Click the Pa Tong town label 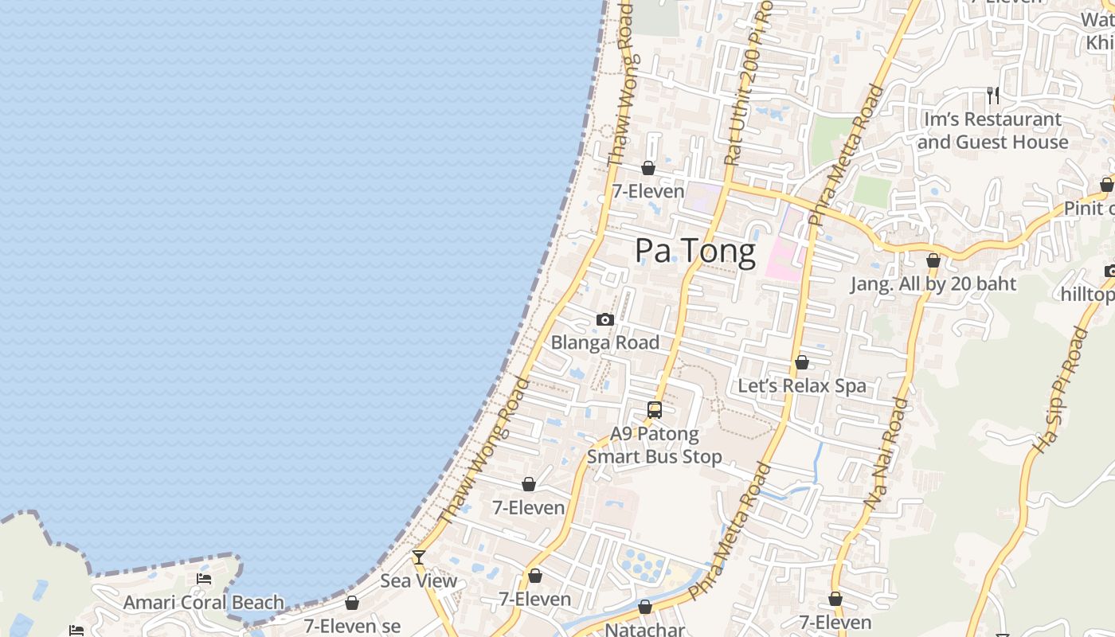coord(694,252)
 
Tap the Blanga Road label coord(605,342)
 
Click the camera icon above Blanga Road coord(605,320)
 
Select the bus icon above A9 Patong coord(655,410)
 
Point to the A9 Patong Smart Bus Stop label coord(655,445)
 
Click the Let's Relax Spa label coord(802,386)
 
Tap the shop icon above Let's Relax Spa coord(802,363)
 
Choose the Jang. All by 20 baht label coord(933,284)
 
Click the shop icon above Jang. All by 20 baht coord(933,260)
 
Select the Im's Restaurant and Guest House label coord(992,131)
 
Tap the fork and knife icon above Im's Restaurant coord(993,96)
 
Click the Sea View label coord(419,580)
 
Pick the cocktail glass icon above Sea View coord(419,557)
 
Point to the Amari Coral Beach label coord(204,603)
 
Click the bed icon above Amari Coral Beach coord(204,579)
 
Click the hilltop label coord(1088,295)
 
